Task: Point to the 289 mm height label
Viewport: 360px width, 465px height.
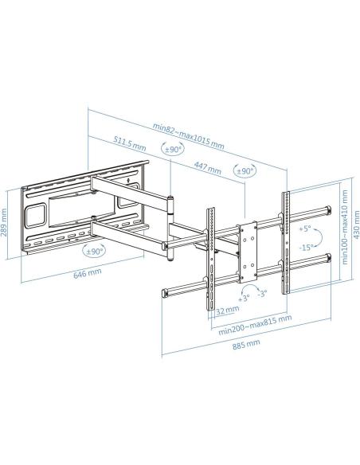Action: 6,224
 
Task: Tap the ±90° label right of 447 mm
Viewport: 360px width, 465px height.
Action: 245,171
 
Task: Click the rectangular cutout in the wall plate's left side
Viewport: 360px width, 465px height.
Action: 37,215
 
